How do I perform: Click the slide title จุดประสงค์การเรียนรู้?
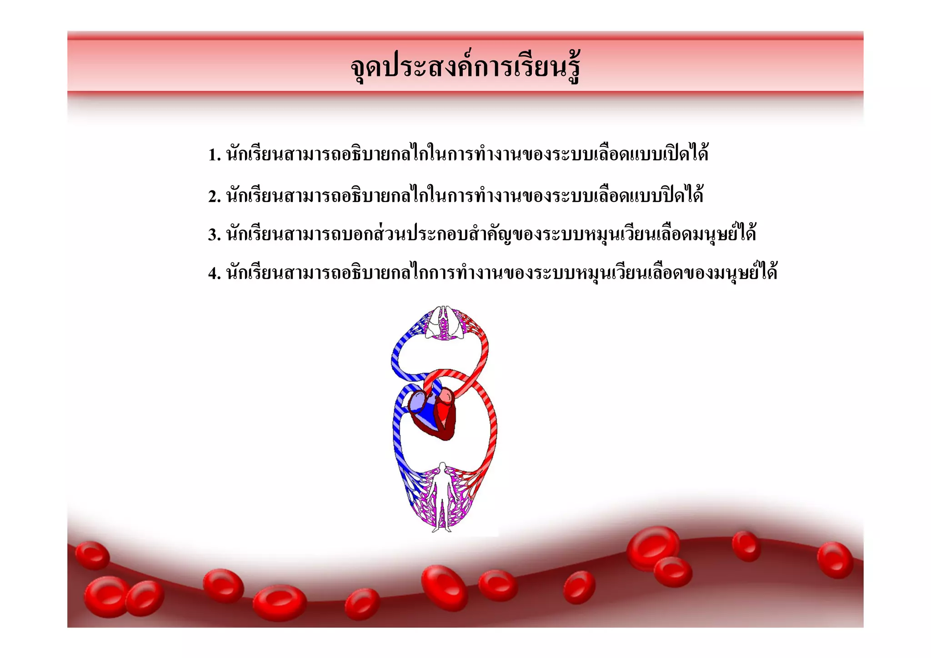[465, 68]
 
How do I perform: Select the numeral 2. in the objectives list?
[214, 196]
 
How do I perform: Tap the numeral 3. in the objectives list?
[214, 235]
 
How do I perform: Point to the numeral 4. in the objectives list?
[214, 273]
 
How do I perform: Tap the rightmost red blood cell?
[835, 560]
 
